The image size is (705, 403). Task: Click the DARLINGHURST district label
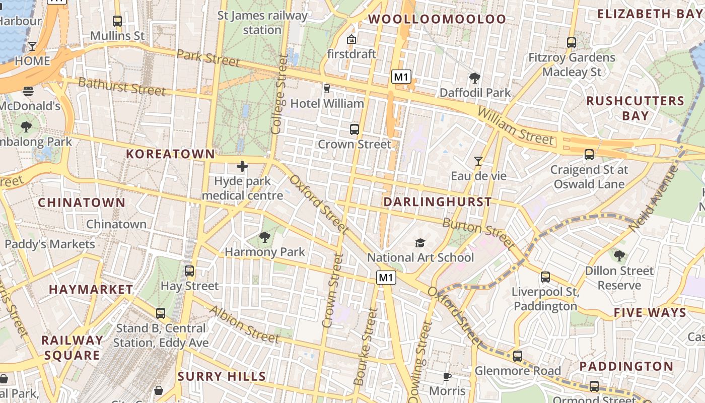click(437, 202)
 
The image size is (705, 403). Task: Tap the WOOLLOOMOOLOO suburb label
click(437, 20)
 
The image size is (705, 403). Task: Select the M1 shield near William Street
click(401, 77)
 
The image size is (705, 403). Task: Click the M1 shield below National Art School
click(386, 278)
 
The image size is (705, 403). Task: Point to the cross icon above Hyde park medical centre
click(242, 166)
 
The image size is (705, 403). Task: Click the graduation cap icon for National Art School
click(420, 243)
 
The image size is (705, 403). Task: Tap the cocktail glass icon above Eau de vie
click(478, 161)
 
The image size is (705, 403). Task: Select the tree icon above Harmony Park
click(264, 237)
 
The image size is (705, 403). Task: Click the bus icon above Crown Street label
click(354, 129)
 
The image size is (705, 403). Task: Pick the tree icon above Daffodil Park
click(474, 78)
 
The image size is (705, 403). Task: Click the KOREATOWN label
click(170, 154)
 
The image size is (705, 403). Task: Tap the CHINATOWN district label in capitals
click(82, 203)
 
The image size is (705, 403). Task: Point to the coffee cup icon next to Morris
click(446, 376)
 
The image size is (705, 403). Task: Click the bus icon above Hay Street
click(189, 271)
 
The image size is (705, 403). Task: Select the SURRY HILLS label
click(222, 376)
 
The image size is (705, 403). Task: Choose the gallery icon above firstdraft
click(351, 39)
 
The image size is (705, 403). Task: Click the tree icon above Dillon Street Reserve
click(619, 256)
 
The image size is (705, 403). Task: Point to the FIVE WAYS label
click(650, 312)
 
